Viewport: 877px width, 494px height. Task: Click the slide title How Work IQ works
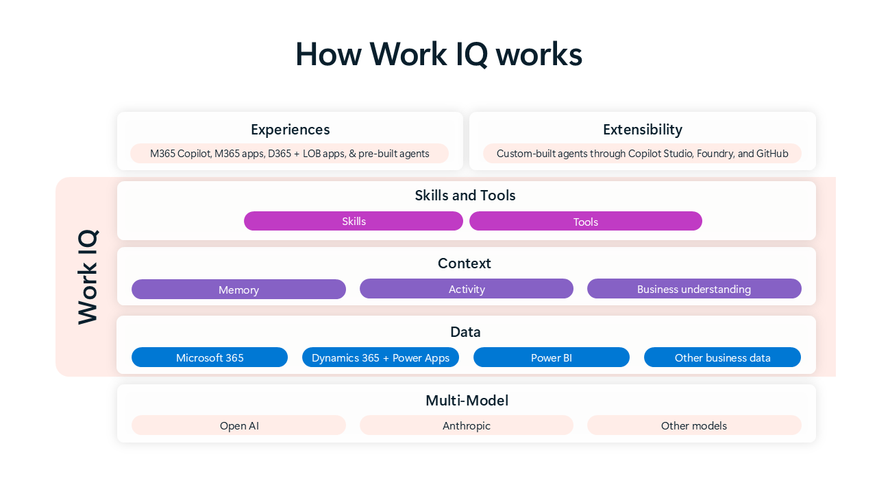(x=438, y=55)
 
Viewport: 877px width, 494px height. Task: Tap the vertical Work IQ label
(x=88, y=277)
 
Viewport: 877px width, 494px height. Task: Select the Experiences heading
(x=290, y=130)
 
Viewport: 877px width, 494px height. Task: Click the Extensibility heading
(x=642, y=130)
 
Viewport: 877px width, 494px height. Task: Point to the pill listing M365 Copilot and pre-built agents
(x=289, y=154)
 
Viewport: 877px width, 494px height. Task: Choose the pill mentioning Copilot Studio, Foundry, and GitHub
(x=642, y=154)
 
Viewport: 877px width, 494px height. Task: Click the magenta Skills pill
(x=354, y=221)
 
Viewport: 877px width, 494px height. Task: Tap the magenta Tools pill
(x=585, y=221)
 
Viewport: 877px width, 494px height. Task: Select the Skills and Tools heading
(x=465, y=196)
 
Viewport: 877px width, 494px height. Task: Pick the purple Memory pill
(x=238, y=290)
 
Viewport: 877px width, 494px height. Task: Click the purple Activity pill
(x=466, y=289)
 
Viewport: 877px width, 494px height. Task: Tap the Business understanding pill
(x=693, y=289)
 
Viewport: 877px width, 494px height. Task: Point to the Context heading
(x=465, y=263)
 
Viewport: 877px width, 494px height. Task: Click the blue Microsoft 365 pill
(x=210, y=357)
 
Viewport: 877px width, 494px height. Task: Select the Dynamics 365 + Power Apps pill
(x=380, y=357)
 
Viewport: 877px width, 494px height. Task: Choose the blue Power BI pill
(x=551, y=357)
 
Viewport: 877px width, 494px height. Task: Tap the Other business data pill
(x=722, y=357)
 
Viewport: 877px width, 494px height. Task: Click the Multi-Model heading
(x=467, y=401)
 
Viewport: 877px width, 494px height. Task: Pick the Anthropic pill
(x=466, y=425)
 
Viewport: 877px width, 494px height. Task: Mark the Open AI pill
(x=238, y=425)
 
